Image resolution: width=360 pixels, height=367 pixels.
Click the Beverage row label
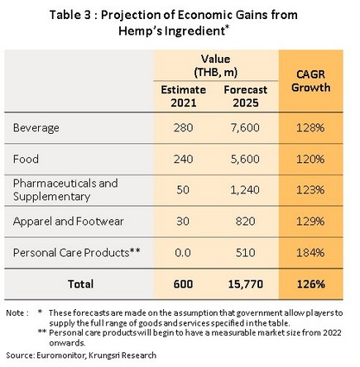pos(36,128)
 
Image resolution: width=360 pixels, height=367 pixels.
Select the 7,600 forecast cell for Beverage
pos(245,128)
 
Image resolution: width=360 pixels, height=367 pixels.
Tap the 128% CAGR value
pos(310,128)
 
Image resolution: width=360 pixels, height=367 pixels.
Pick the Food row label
pos(26,160)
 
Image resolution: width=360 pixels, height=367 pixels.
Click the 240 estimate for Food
pos(183,160)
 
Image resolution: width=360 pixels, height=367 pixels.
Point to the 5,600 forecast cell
pos(245,160)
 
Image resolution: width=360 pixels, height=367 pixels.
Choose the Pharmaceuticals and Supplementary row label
pos(65,190)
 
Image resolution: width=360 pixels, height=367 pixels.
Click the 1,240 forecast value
pos(245,190)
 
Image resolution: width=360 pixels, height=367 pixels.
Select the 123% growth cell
pos(310,190)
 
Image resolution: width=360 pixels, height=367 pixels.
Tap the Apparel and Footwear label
pos(68,222)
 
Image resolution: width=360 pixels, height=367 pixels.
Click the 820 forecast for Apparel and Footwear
pos(245,222)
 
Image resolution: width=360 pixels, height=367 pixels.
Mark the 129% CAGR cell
pos(310,222)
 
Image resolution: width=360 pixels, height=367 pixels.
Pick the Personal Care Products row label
pos(77,253)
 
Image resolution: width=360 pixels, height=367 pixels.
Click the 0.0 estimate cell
pos(183,253)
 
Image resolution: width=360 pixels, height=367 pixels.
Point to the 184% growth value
pos(310,253)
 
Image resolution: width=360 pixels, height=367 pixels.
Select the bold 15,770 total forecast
pos(246,284)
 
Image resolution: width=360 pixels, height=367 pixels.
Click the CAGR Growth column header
pos(311,81)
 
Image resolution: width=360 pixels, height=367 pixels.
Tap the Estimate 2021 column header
pos(184,96)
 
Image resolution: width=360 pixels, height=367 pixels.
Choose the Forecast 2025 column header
pos(246,96)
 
